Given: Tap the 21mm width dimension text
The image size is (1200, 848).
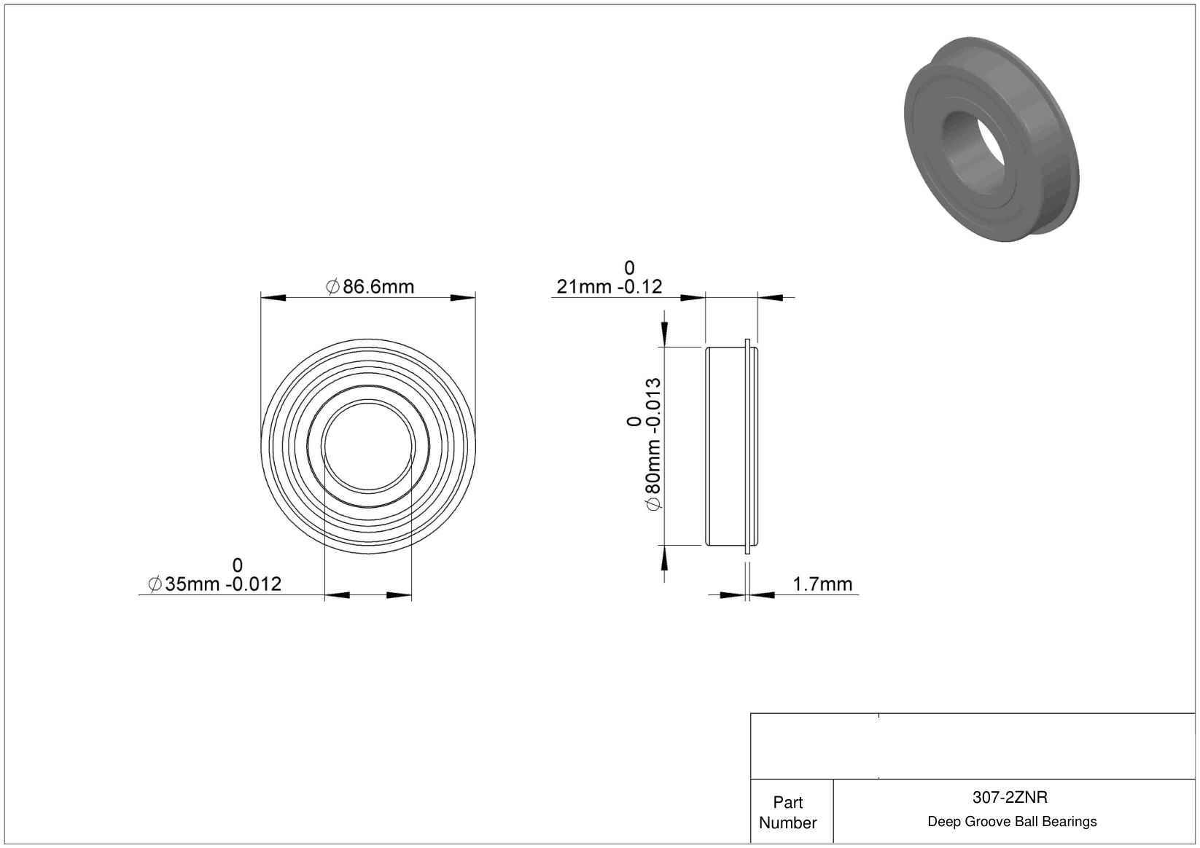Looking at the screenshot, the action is [x=609, y=287].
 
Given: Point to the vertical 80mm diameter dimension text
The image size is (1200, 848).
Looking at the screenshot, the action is [x=654, y=444].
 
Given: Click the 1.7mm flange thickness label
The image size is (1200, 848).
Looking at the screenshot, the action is [x=822, y=584].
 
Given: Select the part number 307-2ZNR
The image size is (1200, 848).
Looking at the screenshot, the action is [x=1010, y=797].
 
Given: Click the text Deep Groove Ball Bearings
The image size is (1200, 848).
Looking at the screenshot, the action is [x=1012, y=821].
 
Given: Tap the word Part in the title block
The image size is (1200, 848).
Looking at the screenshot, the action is [x=787, y=802].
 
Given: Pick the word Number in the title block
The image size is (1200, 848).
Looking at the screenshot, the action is [x=787, y=823].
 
